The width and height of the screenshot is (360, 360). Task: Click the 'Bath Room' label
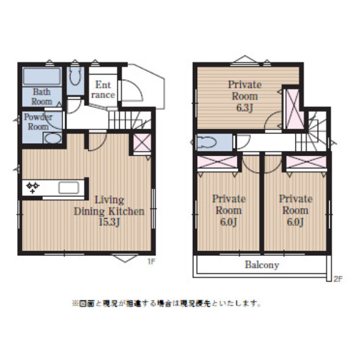pyautogui.click(x=41, y=96)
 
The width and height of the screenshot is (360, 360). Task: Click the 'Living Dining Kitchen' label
pyautogui.click(x=108, y=205)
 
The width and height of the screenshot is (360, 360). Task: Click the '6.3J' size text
pyautogui.click(x=244, y=107)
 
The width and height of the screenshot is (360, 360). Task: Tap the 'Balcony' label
pyautogui.click(x=262, y=264)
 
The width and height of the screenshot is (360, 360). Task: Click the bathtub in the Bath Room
pyautogui.click(x=42, y=76)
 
